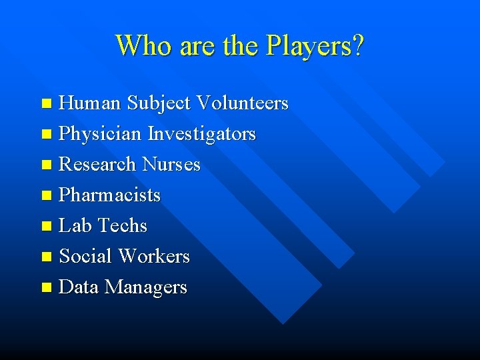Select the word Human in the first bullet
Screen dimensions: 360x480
[90, 103]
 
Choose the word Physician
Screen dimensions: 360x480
[100, 134]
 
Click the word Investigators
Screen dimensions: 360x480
[201, 134]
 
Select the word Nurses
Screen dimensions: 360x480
[171, 164]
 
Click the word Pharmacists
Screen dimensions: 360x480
[110, 195]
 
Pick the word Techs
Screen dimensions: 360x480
[122, 225]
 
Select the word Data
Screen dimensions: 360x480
[79, 287]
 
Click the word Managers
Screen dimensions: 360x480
[146, 287]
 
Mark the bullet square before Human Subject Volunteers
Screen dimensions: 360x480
[46, 104]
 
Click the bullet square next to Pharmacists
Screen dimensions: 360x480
[46, 196]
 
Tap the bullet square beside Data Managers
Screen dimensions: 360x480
[46, 288]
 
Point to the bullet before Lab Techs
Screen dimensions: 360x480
[46, 227]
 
